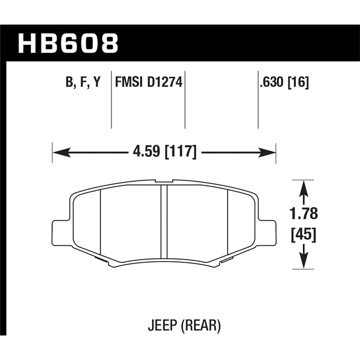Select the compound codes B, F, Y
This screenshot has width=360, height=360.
click(83, 83)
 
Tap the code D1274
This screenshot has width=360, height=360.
click(165, 83)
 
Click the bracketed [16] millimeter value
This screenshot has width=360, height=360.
click(298, 83)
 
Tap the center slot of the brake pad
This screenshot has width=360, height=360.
click(164, 222)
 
